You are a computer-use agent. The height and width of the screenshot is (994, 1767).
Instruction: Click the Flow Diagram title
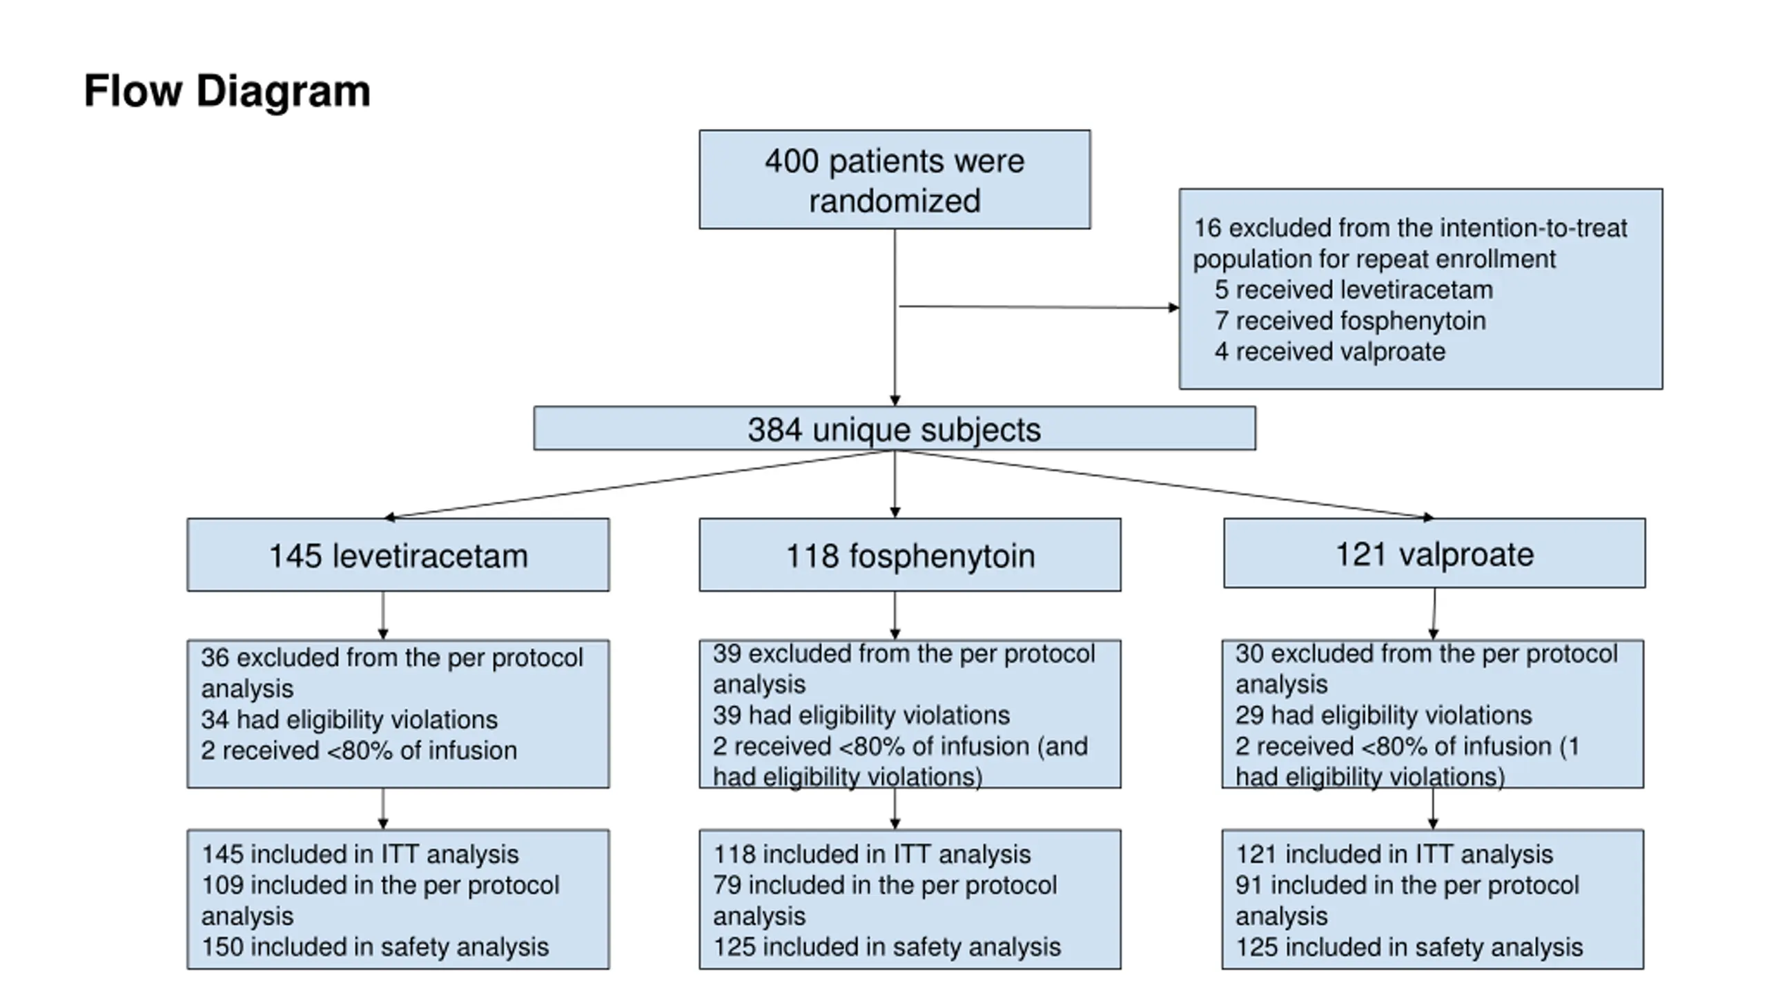227,92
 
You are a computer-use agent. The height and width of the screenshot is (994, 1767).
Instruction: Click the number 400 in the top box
792,162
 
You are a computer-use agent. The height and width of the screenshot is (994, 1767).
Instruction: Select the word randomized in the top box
895,201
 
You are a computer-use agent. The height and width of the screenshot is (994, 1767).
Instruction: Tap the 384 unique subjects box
895,429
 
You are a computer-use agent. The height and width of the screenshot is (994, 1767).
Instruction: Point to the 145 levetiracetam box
398,555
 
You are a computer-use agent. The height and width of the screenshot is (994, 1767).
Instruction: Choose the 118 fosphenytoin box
910,555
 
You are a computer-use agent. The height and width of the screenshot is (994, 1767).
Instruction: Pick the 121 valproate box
1434,554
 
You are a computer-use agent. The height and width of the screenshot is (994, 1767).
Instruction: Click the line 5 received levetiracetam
1354,290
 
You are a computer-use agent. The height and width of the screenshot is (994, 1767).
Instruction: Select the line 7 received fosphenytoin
1350,321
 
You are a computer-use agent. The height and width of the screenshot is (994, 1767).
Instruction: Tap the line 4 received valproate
1330,352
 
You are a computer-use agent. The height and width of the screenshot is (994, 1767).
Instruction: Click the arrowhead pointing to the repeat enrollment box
1173,307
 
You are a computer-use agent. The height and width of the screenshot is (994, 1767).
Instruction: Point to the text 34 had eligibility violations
349,720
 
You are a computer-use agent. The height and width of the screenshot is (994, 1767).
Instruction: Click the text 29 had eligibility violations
1383,716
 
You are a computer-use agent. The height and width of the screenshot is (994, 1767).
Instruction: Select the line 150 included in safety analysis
375,947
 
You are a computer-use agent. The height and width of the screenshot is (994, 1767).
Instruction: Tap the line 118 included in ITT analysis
872,855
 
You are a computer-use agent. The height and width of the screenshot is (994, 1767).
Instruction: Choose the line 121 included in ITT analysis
1394,855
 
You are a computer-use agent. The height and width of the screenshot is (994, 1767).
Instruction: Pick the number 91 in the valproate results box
1248,886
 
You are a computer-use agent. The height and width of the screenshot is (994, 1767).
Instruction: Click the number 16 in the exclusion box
1207,228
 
